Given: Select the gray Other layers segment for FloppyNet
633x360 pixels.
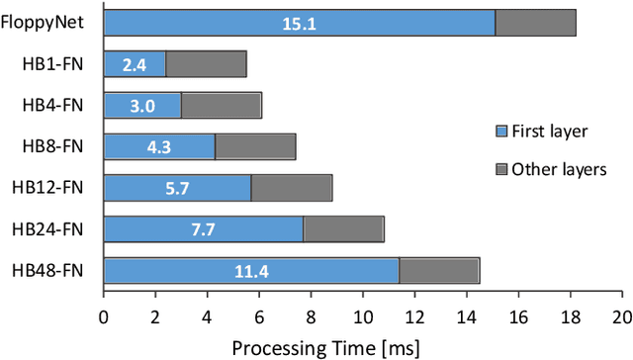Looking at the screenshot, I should click(x=535, y=24).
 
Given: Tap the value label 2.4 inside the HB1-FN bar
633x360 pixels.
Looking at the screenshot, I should click(x=135, y=64).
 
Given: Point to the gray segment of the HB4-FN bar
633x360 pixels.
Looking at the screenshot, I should click(x=222, y=105).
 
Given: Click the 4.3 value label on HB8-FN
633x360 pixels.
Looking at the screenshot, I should click(x=159, y=146).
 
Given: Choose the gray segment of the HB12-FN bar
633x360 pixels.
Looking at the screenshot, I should click(x=292, y=188).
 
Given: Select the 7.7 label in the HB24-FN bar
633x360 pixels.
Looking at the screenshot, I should click(x=204, y=229).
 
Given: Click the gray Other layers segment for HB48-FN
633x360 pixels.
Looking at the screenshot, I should click(x=439, y=271).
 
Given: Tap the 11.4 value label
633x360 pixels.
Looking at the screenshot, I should click(x=251, y=271).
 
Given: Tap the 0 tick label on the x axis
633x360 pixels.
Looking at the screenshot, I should click(x=104, y=317).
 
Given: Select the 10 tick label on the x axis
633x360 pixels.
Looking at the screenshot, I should click(x=362, y=317).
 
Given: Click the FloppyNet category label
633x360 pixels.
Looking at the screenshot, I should click(x=48, y=24).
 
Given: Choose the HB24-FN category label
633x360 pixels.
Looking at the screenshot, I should click(x=54, y=229).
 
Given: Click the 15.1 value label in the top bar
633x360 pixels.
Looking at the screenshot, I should click(x=299, y=24).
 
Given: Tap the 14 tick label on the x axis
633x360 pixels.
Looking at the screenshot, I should click(x=466, y=317).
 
